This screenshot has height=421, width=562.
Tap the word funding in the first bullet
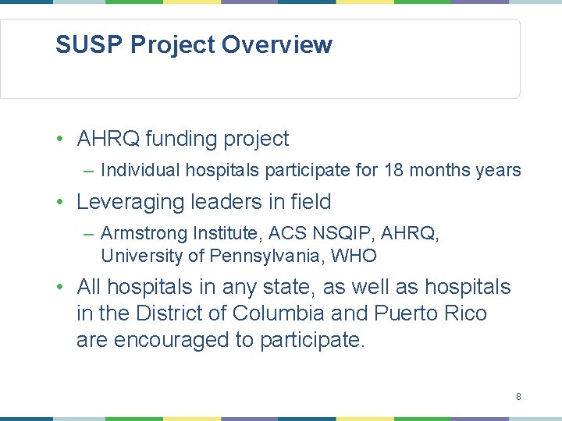coord(182,139)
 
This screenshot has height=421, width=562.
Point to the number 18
coord(394,170)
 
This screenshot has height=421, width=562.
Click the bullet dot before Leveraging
coord(60,202)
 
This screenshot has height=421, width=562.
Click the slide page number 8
coord(518,397)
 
